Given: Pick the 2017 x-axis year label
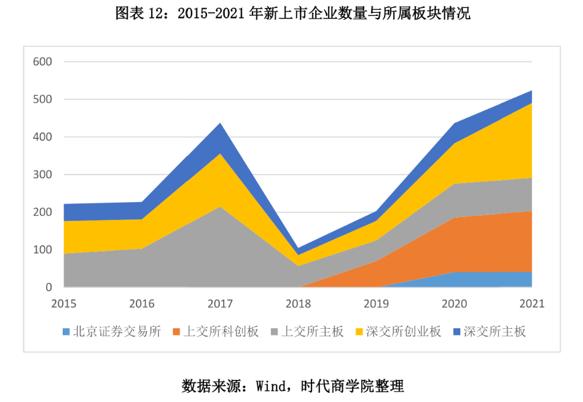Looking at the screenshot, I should [220, 304].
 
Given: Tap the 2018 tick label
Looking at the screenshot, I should [298, 304].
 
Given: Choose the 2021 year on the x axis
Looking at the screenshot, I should [531, 304].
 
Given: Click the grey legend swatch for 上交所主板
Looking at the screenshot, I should [274, 332].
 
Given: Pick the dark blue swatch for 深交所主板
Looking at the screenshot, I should [456, 332].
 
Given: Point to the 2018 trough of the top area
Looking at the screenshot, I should [298, 248].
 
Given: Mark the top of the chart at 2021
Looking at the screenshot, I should [531, 90].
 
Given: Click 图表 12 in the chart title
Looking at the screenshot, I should [138, 14].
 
